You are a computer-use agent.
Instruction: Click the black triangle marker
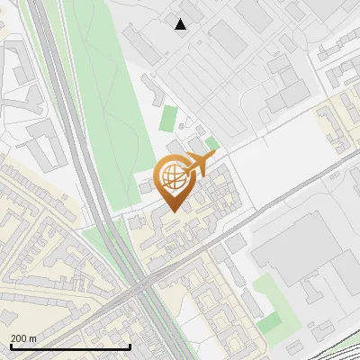181,24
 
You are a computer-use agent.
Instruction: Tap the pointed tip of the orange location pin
172,211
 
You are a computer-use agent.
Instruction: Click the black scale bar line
70,346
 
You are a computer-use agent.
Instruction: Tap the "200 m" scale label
24,338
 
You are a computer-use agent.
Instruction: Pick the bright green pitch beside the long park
168,117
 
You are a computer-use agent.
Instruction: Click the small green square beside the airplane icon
212,142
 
